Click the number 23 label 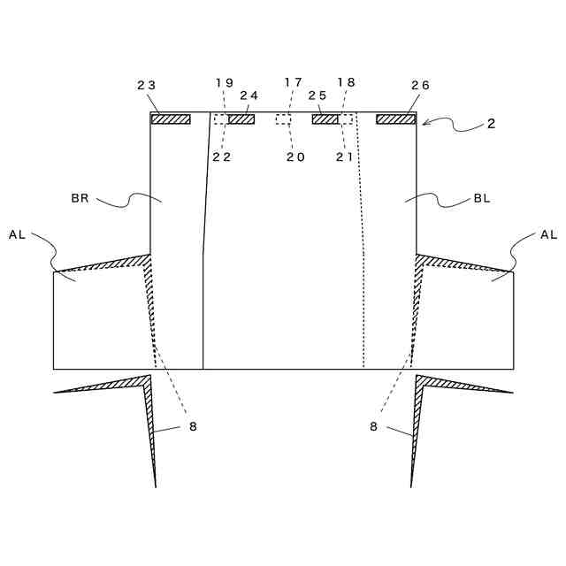point(146,85)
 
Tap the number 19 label point(225,82)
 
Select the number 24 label point(249,96)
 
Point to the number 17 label point(293,82)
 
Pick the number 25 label point(317,95)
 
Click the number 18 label point(346,82)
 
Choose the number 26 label point(420,85)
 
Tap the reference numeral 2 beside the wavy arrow point(491,124)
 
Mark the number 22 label point(221,157)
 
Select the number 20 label point(295,157)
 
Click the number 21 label point(344,157)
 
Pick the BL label point(482,199)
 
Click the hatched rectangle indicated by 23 point(171,119)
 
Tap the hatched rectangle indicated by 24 point(241,119)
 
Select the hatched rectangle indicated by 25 point(325,119)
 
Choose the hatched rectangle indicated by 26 point(395,119)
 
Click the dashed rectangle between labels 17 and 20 point(284,119)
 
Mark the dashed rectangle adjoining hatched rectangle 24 point(221,119)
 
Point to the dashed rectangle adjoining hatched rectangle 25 point(346,119)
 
